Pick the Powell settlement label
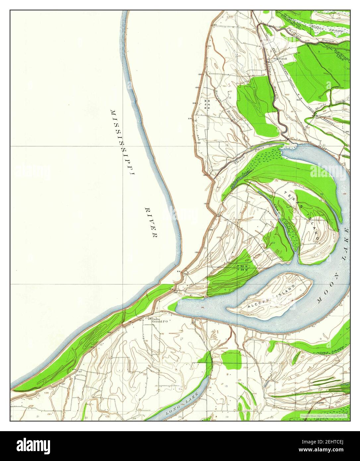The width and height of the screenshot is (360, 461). pyautogui.click(x=282, y=59)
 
